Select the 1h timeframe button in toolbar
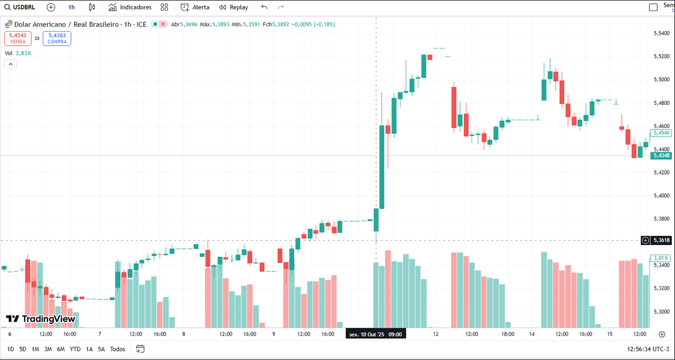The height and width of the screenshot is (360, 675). (71, 7)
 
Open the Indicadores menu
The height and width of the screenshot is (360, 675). (130, 7)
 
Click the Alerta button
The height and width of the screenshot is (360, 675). (195, 7)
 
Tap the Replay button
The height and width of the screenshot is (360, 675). (233, 7)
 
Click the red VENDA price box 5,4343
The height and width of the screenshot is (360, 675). (18, 38)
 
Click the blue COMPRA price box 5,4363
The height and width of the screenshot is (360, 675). (57, 38)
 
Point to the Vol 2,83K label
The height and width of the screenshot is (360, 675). (18, 53)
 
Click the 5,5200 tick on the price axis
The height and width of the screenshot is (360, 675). (661, 56)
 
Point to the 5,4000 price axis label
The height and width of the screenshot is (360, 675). (661, 196)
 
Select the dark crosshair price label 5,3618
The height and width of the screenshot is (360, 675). (661, 240)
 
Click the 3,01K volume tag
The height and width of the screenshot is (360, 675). (660, 258)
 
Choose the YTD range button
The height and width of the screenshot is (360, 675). (75, 349)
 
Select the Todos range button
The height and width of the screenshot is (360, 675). (118, 349)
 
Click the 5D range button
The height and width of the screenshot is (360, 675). (23, 349)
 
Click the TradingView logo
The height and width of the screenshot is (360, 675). (41, 319)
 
